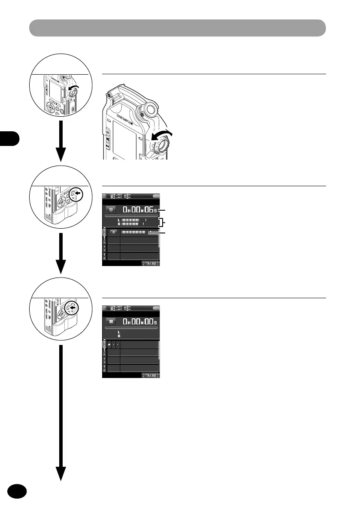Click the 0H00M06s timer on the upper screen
point(140,210)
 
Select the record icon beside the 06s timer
point(111,210)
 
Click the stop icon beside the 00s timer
point(111,321)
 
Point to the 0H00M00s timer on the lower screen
point(140,321)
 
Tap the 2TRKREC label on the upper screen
point(151,264)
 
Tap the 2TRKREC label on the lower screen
point(151,375)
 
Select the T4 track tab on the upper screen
point(104,256)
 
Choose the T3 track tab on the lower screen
point(104,360)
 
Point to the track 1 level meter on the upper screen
point(133,232)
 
